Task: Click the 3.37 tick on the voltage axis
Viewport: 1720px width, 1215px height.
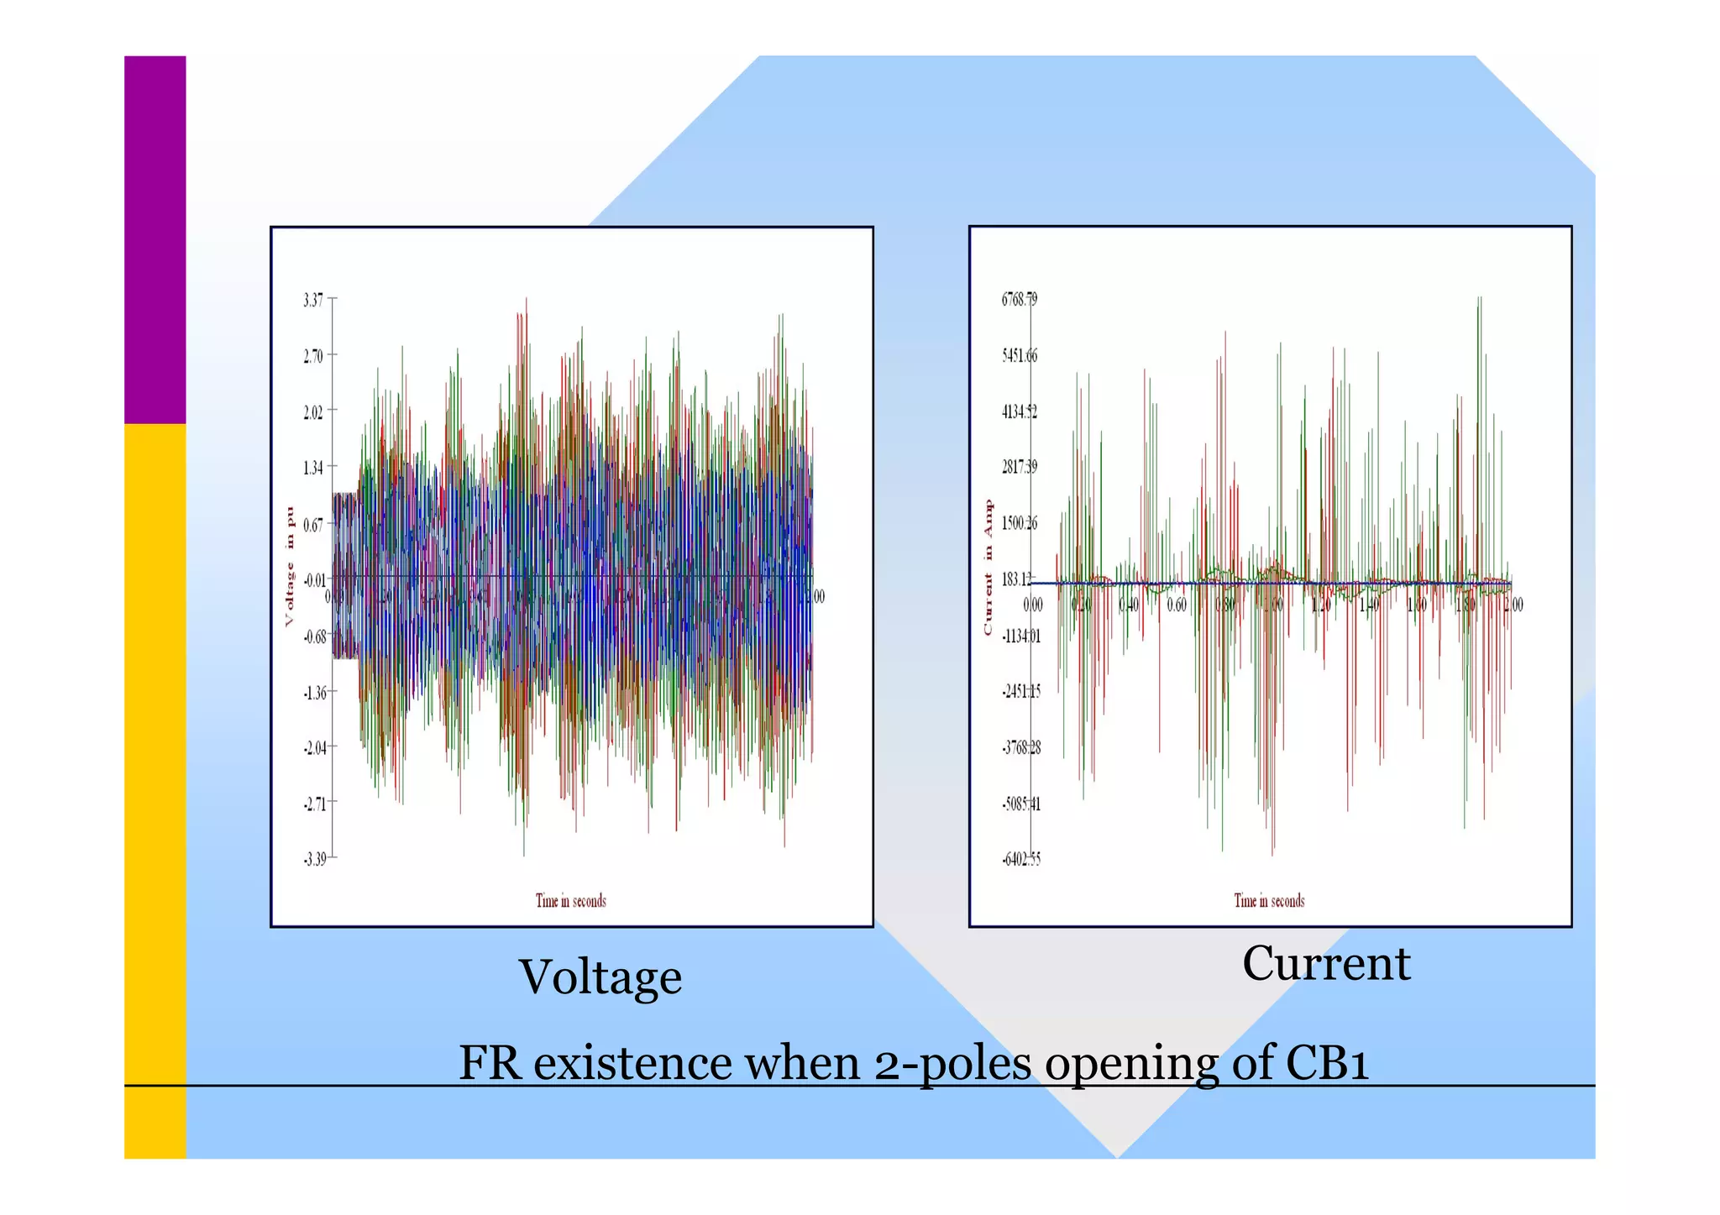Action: pos(313,300)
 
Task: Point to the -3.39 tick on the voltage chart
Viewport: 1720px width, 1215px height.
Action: pos(315,859)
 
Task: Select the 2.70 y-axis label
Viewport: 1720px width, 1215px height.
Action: pos(313,356)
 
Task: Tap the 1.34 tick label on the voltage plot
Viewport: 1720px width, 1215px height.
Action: pos(313,468)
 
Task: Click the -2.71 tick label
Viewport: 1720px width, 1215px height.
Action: pos(315,804)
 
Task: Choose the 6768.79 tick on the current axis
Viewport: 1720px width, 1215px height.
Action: pos(1019,300)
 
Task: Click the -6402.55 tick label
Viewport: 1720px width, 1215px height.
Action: pos(1020,859)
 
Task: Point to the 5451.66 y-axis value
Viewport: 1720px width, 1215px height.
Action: pos(1019,356)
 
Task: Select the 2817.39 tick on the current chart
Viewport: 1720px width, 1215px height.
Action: pos(1019,468)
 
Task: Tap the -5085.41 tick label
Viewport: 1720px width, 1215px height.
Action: pos(1020,804)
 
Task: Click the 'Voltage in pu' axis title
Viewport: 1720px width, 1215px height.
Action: pos(291,566)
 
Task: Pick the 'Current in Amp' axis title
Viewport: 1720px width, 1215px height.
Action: pos(988,567)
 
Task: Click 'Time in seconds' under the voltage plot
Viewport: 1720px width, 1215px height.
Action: pos(571,901)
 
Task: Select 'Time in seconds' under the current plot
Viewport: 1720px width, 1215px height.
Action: pos(1269,901)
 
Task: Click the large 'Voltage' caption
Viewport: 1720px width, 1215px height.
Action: pos(600,977)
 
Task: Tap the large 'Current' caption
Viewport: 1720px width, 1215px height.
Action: pos(1326,963)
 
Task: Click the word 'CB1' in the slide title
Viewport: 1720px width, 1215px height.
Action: pos(1327,1063)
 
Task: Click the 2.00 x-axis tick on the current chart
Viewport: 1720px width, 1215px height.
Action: pos(1513,605)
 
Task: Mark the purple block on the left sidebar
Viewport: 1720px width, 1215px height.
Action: pos(155,239)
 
